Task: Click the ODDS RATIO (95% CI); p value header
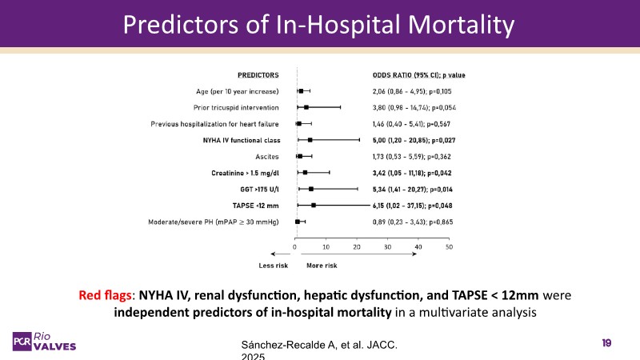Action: tap(419, 74)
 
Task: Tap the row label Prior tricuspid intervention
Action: tap(236, 107)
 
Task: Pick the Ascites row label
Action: tap(265, 156)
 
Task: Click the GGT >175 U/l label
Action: tap(253, 189)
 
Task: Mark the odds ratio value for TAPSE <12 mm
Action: tap(419, 205)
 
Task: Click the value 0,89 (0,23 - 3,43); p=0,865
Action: tap(419, 222)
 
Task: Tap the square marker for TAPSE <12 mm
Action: tap(314, 206)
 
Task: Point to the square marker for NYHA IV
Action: tap(310, 140)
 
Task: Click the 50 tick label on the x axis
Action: tap(449, 246)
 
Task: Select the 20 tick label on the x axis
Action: tap(357, 246)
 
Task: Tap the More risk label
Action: tap(322, 265)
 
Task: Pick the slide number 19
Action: tap(606, 342)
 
